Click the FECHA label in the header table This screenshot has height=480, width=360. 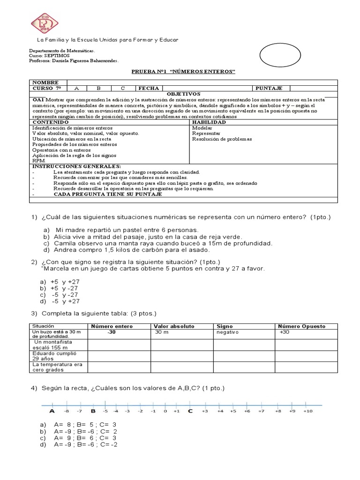(149, 88)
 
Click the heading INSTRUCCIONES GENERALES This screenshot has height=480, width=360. (76, 166)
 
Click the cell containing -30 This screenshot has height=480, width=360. (112, 332)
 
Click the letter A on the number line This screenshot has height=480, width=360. (52, 411)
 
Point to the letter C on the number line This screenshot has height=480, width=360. (190, 411)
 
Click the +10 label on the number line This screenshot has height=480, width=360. (307, 411)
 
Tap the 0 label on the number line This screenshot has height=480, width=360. (165, 411)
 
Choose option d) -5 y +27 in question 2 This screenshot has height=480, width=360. (60, 301)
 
